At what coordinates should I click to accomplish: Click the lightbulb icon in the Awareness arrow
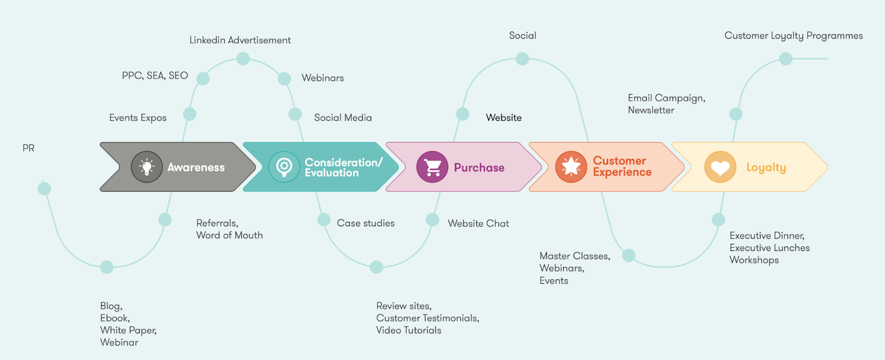(147, 167)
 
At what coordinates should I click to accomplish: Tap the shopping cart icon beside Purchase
(432, 167)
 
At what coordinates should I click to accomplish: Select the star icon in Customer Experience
(571, 167)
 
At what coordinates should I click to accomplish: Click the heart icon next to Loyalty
(720, 167)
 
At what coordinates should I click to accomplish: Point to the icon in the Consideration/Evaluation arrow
(284, 167)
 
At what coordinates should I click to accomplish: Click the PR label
(28, 148)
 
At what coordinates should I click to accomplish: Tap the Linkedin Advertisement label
(240, 40)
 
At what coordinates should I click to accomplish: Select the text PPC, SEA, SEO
(155, 76)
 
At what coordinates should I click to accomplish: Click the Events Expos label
(138, 118)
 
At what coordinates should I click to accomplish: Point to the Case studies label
(366, 223)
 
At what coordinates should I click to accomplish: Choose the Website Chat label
(478, 223)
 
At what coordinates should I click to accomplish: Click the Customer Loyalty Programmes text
(793, 36)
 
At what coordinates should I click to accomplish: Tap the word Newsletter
(650, 110)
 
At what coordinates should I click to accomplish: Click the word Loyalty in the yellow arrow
(766, 168)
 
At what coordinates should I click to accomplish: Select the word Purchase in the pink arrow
(479, 168)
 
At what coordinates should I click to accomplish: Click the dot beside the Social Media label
(295, 114)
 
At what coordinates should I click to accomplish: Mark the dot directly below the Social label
(522, 59)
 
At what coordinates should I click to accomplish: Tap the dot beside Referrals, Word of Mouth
(165, 220)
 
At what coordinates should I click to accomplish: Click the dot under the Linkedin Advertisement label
(243, 59)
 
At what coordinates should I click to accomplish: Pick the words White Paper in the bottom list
(128, 330)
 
